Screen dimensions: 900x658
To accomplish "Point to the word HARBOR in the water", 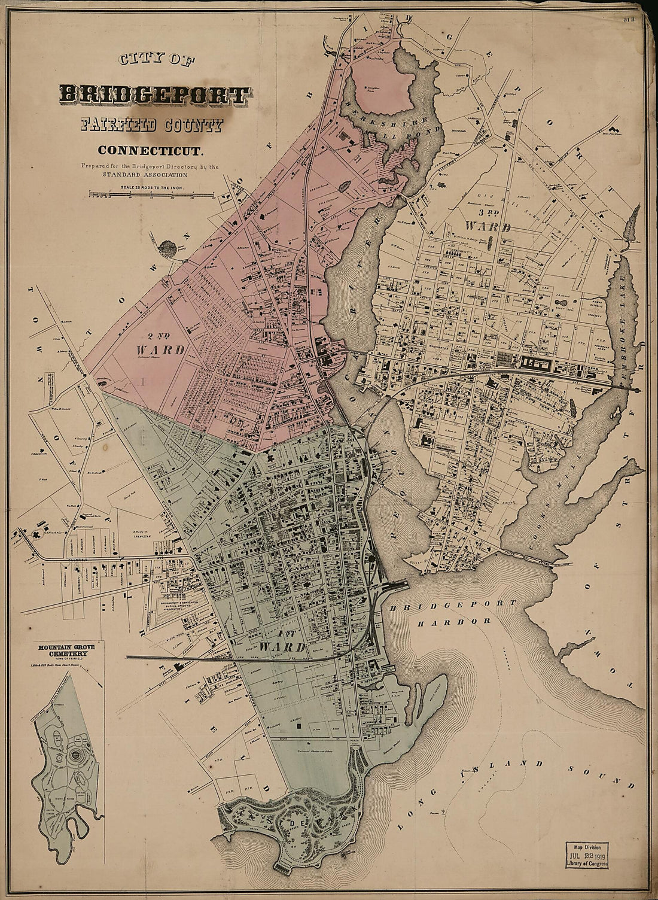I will [x=454, y=622].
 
